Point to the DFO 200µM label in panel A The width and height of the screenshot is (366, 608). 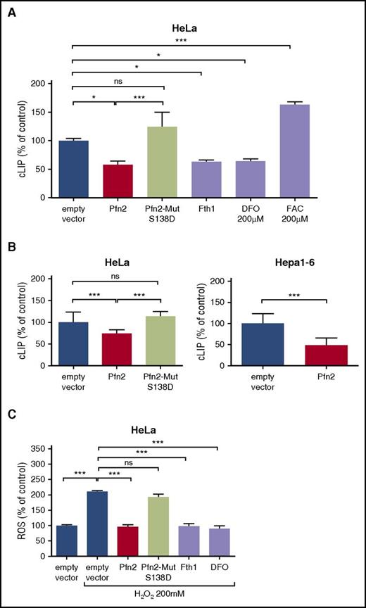pyautogui.click(x=245, y=215)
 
